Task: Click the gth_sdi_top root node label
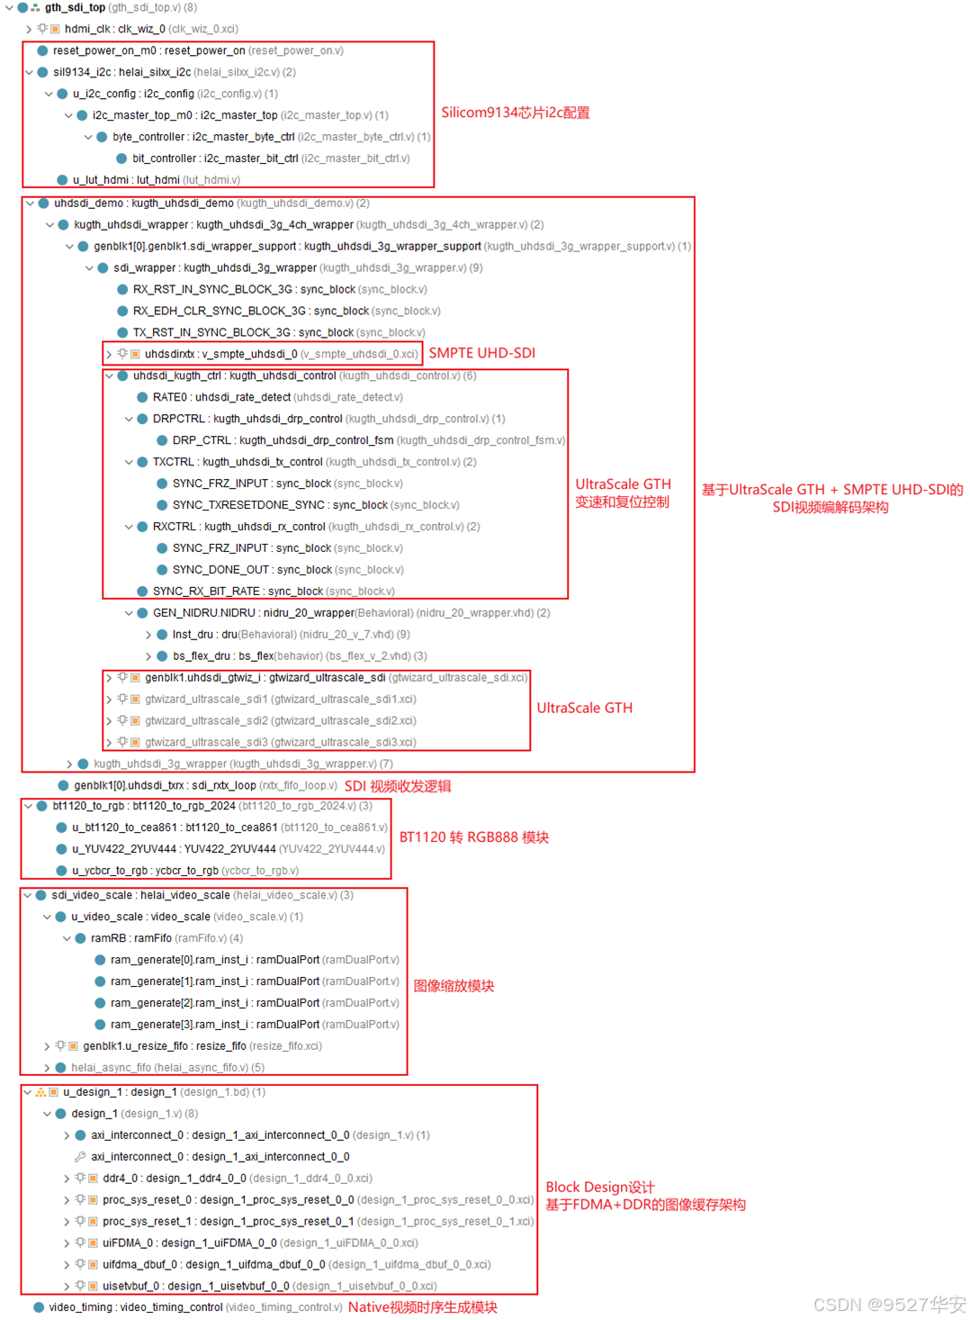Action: point(76,7)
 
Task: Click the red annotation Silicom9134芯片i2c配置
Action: point(516,113)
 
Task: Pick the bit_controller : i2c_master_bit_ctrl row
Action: point(270,158)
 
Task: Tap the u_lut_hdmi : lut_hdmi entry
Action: point(156,180)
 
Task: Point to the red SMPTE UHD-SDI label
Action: point(481,353)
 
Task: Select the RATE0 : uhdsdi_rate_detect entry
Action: point(277,397)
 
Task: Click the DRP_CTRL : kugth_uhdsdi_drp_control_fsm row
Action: point(368,440)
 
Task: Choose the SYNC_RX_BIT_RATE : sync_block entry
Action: point(273,592)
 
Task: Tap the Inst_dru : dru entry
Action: point(291,635)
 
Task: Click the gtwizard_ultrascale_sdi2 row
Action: point(280,721)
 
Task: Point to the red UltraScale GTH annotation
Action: point(584,708)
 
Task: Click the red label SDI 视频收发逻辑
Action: point(398,786)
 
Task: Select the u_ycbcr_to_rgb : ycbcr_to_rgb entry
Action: point(184,871)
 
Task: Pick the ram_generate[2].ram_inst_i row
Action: point(255,1003)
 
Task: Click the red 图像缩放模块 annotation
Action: point(454,986)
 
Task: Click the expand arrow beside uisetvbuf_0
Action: point(67,1287)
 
